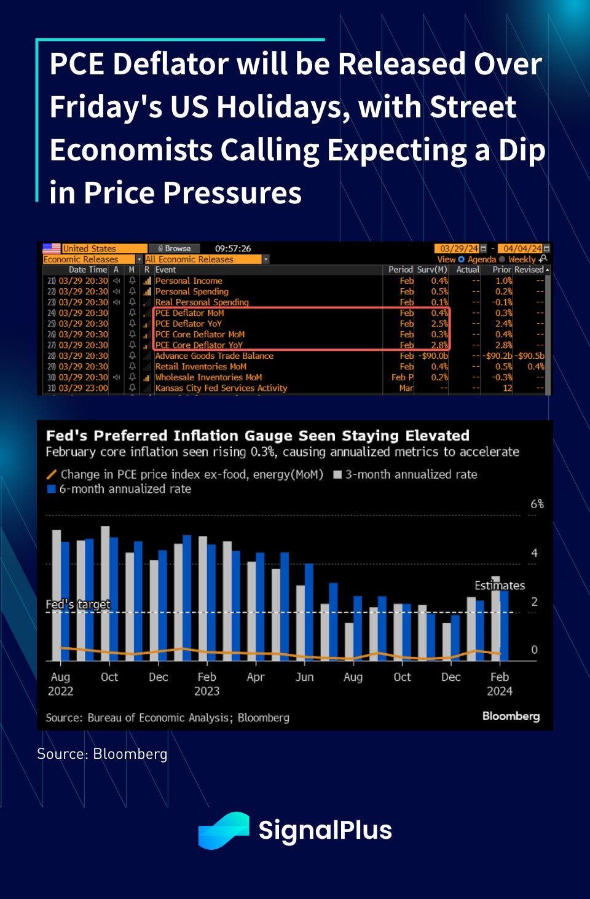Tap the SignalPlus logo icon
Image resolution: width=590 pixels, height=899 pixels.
pos(223,831)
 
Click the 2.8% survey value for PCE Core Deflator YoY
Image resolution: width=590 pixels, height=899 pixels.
pos(439,345)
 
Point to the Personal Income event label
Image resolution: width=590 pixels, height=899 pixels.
pos(188,281)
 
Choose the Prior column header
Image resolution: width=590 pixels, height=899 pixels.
pos(502,270)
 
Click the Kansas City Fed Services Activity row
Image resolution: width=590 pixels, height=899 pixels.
pos(221,388)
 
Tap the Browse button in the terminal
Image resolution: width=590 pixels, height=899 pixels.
pos(175,249)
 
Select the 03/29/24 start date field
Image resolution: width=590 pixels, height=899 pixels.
pos(459,249)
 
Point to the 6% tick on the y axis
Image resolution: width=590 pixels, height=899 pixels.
pos(537,504)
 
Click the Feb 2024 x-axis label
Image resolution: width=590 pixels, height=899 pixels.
pos(499,683)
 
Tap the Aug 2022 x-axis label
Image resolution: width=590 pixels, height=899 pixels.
pos(60,683)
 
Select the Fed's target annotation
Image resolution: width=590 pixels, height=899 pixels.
pos(78,605)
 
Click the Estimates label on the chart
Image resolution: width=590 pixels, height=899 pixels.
pos(499,586)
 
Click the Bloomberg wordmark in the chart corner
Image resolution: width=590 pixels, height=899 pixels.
pos(511,716)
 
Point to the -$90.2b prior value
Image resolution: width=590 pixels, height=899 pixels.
pos(497,356)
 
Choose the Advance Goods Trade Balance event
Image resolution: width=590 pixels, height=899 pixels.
pos(214,356)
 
